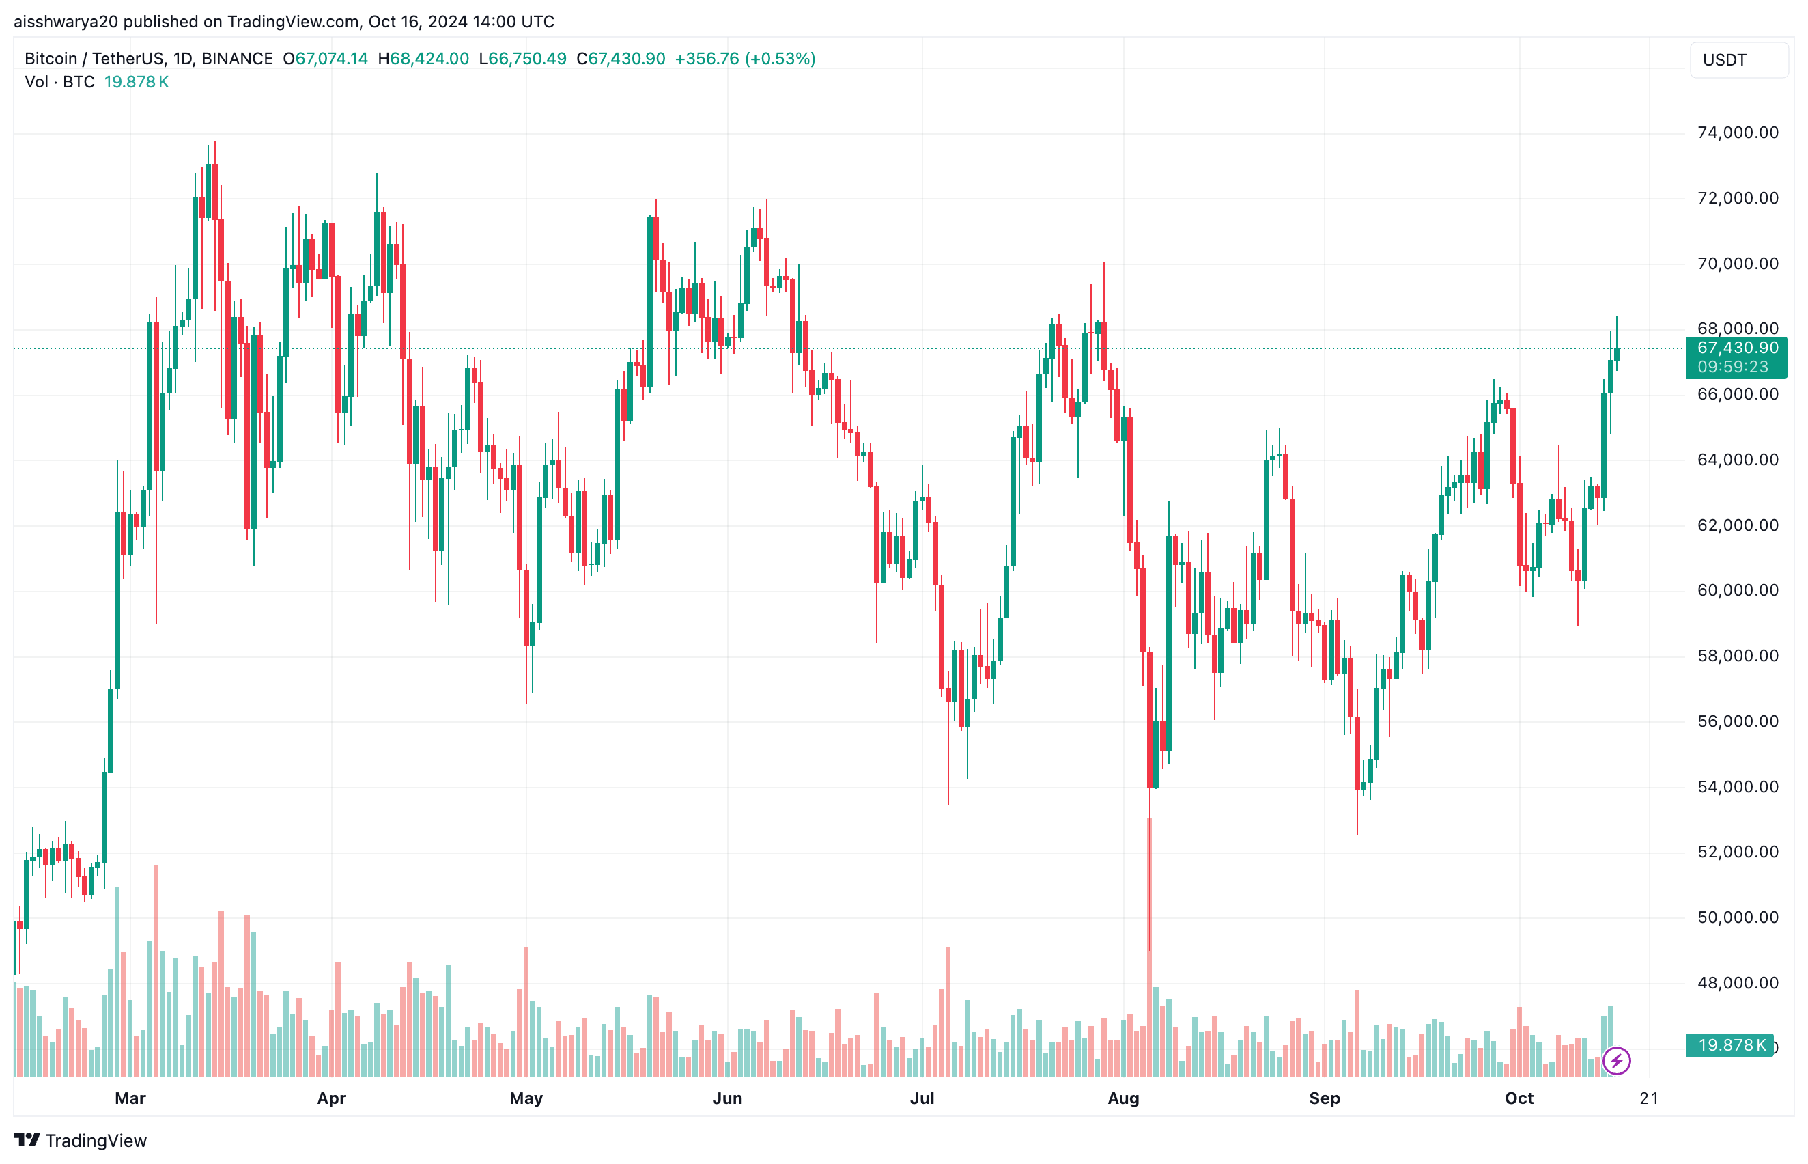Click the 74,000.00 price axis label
pos(1737,133)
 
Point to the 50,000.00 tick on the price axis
pos(1737,917)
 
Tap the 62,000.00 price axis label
pos(1737,525)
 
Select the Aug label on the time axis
pos(1122,1098)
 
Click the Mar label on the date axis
pos(130,1098)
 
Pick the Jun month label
pos(727,1098)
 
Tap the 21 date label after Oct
pos(1649,1098)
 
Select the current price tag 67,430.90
pos(1737,348)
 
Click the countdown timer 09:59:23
pos(1732,368)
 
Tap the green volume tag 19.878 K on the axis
pos(1731,1045)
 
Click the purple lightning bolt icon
pos(1616,1060)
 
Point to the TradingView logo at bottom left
pos(80,1141)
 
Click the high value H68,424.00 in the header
pos(423,59)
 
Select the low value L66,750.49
pos(522,59)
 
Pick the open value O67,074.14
pos(325,59)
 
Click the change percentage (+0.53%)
pos(780,59)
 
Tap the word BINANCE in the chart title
pos(237,59)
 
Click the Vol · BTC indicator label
pos(59,83)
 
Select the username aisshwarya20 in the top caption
pos(66,22)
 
